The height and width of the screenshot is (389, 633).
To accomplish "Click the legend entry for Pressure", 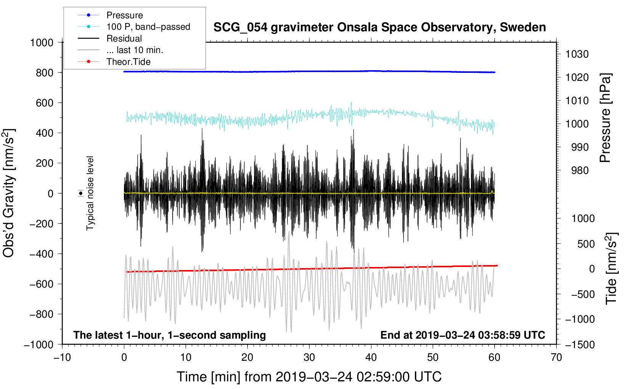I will pos(124,15).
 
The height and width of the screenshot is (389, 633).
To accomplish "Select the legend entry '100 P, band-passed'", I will pos(148,27).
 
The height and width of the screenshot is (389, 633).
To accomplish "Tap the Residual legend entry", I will pos(124,39).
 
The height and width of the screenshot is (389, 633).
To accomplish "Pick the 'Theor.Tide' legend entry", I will pos(128,62).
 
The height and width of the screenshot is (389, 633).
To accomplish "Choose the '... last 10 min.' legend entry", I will pos(135,50).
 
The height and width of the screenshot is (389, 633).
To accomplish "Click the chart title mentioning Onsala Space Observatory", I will pos(379,27).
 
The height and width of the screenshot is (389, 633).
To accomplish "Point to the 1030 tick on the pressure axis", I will pos(577,54).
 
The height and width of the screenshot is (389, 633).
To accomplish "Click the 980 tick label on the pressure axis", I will pos(580,170).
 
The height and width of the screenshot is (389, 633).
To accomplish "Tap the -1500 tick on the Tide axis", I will pos(580,344).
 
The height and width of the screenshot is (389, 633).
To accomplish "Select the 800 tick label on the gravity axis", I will pos(44,72).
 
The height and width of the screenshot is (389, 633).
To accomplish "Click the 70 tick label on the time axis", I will pos(556,357).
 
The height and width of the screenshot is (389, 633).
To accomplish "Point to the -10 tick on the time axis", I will pos(62,357).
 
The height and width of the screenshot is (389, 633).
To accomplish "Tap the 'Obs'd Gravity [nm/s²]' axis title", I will pos(9,193).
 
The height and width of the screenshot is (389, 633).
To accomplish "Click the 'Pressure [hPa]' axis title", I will pos(605,118).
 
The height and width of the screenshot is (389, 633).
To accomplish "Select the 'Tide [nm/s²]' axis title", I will pos(611,269).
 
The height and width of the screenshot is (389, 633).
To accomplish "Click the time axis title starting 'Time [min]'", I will pos(309,377).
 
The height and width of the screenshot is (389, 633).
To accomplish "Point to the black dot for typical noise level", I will pos(80,193).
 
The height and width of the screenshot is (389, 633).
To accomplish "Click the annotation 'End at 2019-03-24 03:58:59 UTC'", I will pos(463,335).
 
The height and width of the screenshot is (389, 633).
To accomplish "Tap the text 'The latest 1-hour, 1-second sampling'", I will pos(169,335).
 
